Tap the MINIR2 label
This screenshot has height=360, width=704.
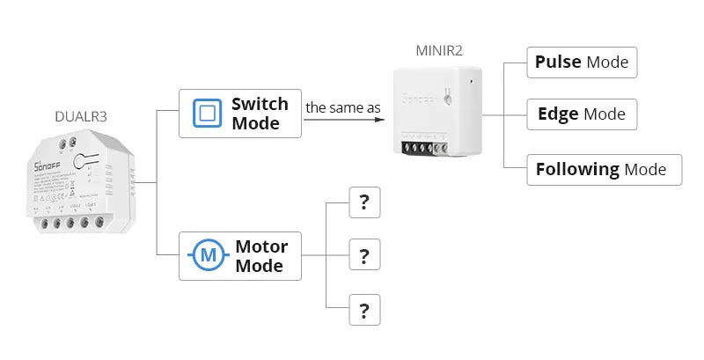click(x=438, y=49)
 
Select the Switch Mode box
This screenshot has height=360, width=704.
click(x=240, y=114)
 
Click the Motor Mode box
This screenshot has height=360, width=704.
click(x=240, y=256)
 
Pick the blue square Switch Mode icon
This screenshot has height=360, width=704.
click(x=207, y=114)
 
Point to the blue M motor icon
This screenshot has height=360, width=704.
click(x=208, y=256)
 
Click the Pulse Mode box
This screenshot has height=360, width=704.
click(x=582, y=62)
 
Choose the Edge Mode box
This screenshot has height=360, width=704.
click(x=581, y=114)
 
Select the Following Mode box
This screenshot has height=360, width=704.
click(x=604, y=169)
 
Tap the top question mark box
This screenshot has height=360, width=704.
click(x=364, y=203)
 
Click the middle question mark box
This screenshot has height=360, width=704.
click(x=364, y=256)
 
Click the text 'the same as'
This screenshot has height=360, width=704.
click(x=343, y=108)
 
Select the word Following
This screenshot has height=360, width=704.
click(x=577, y=169)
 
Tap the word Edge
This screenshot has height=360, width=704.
click(x=558, y=114)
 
